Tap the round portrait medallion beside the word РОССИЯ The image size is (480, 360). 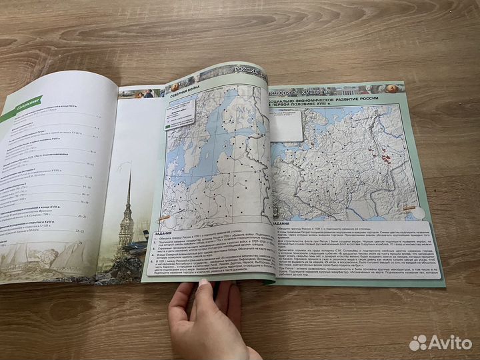pyautogui.click(x=175, y=86)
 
